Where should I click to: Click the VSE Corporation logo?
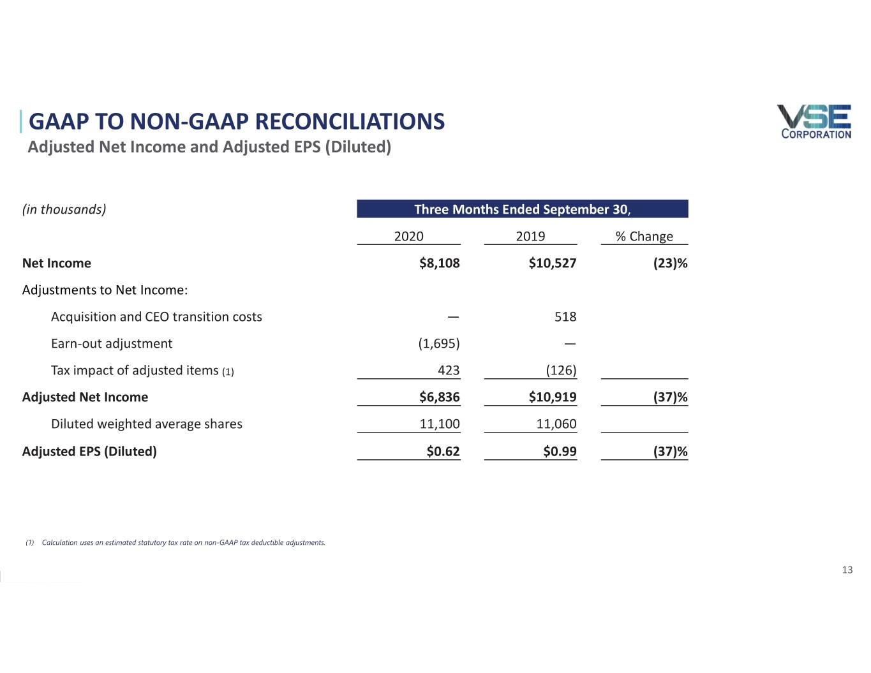814,121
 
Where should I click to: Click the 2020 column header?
408,237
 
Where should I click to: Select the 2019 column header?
530,237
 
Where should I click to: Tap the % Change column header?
644,237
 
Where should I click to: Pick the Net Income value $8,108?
439,263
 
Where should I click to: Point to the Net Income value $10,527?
552,263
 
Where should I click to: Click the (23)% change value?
670,263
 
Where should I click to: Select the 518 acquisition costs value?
565,317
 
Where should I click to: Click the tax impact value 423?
449,371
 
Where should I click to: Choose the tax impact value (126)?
561,371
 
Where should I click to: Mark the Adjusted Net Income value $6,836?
439,397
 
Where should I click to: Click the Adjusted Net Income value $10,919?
552,397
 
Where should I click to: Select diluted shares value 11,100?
439,424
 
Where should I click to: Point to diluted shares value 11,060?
556,424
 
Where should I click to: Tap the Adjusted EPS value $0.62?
443,452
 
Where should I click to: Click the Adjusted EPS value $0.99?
560,452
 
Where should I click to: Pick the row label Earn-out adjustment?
112,344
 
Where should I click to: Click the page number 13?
847,570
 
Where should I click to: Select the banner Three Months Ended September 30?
522,209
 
